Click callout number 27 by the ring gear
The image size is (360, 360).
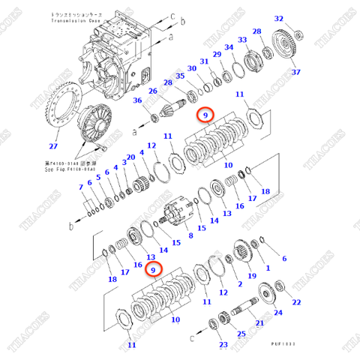pos(52,146)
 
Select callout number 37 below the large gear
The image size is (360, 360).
pos(295,72)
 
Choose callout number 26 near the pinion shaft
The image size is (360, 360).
pos(152,91)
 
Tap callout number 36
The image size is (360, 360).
pos(137,100)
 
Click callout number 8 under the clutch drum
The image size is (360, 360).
pos(190,235)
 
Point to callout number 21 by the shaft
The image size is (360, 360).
pos(260,323)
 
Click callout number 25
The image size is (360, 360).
pos(241,334)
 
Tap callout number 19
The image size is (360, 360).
pos(251,276)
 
